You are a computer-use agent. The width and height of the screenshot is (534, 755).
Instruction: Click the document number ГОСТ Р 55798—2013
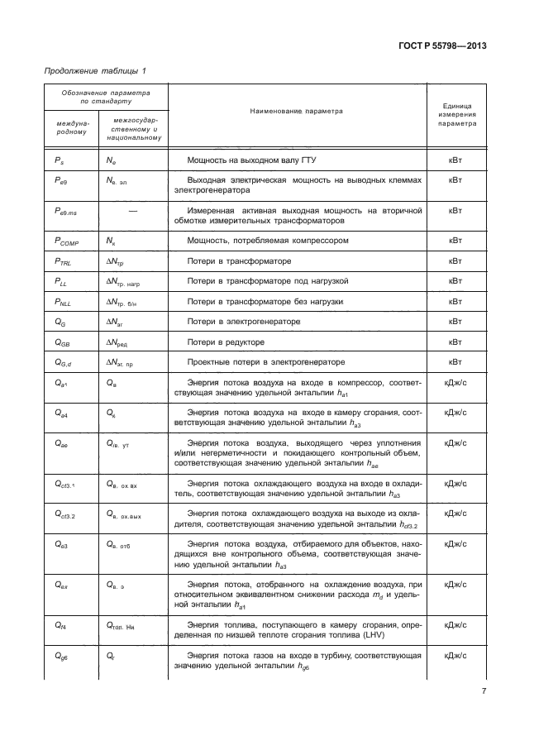[x=442, y=46]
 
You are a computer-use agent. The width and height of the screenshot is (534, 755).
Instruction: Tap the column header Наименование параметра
[x=295, y=110]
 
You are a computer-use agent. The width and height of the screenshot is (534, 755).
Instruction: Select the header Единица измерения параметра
[x=456, y=110]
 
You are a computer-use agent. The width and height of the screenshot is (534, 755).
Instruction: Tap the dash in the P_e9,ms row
[x=132, y=211]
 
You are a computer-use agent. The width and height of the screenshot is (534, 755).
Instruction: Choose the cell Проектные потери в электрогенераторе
[x=255, y=361]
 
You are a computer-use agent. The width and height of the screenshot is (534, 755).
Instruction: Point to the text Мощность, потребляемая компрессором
[x=263, y=241]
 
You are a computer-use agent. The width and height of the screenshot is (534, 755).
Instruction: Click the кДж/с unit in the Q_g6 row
[x=455, y=656]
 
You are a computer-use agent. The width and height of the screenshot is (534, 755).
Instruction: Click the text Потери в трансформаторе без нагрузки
[x=265, y=301]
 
